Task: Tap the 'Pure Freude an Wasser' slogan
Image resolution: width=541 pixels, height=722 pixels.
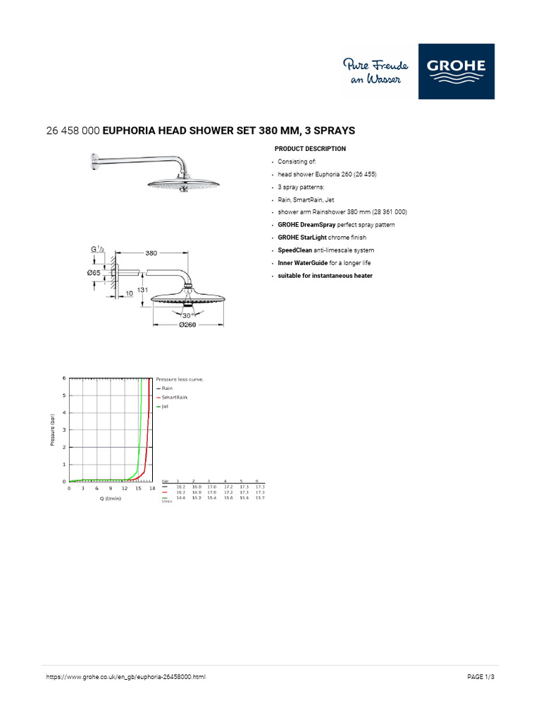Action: [375, 71]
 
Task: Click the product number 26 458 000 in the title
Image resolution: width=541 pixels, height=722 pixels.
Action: [73, 131]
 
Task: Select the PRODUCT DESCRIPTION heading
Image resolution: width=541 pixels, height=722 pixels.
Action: [310, 149]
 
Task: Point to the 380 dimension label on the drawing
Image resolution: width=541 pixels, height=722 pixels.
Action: [151, 252]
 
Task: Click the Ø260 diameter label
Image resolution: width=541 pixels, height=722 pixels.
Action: [187, 325]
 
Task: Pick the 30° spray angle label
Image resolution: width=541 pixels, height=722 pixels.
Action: [187, 315]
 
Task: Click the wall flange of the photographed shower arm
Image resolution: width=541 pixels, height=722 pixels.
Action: [94, 166]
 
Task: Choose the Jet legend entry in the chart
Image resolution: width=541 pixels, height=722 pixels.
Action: [165, 406]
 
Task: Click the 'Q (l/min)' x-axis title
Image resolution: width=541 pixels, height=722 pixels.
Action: [111, 497]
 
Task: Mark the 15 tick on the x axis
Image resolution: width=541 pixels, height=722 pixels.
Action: [138, 488]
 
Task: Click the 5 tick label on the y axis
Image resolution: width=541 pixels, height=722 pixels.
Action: [64, 395]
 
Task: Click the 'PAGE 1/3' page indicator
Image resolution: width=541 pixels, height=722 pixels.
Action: [481, 677]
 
